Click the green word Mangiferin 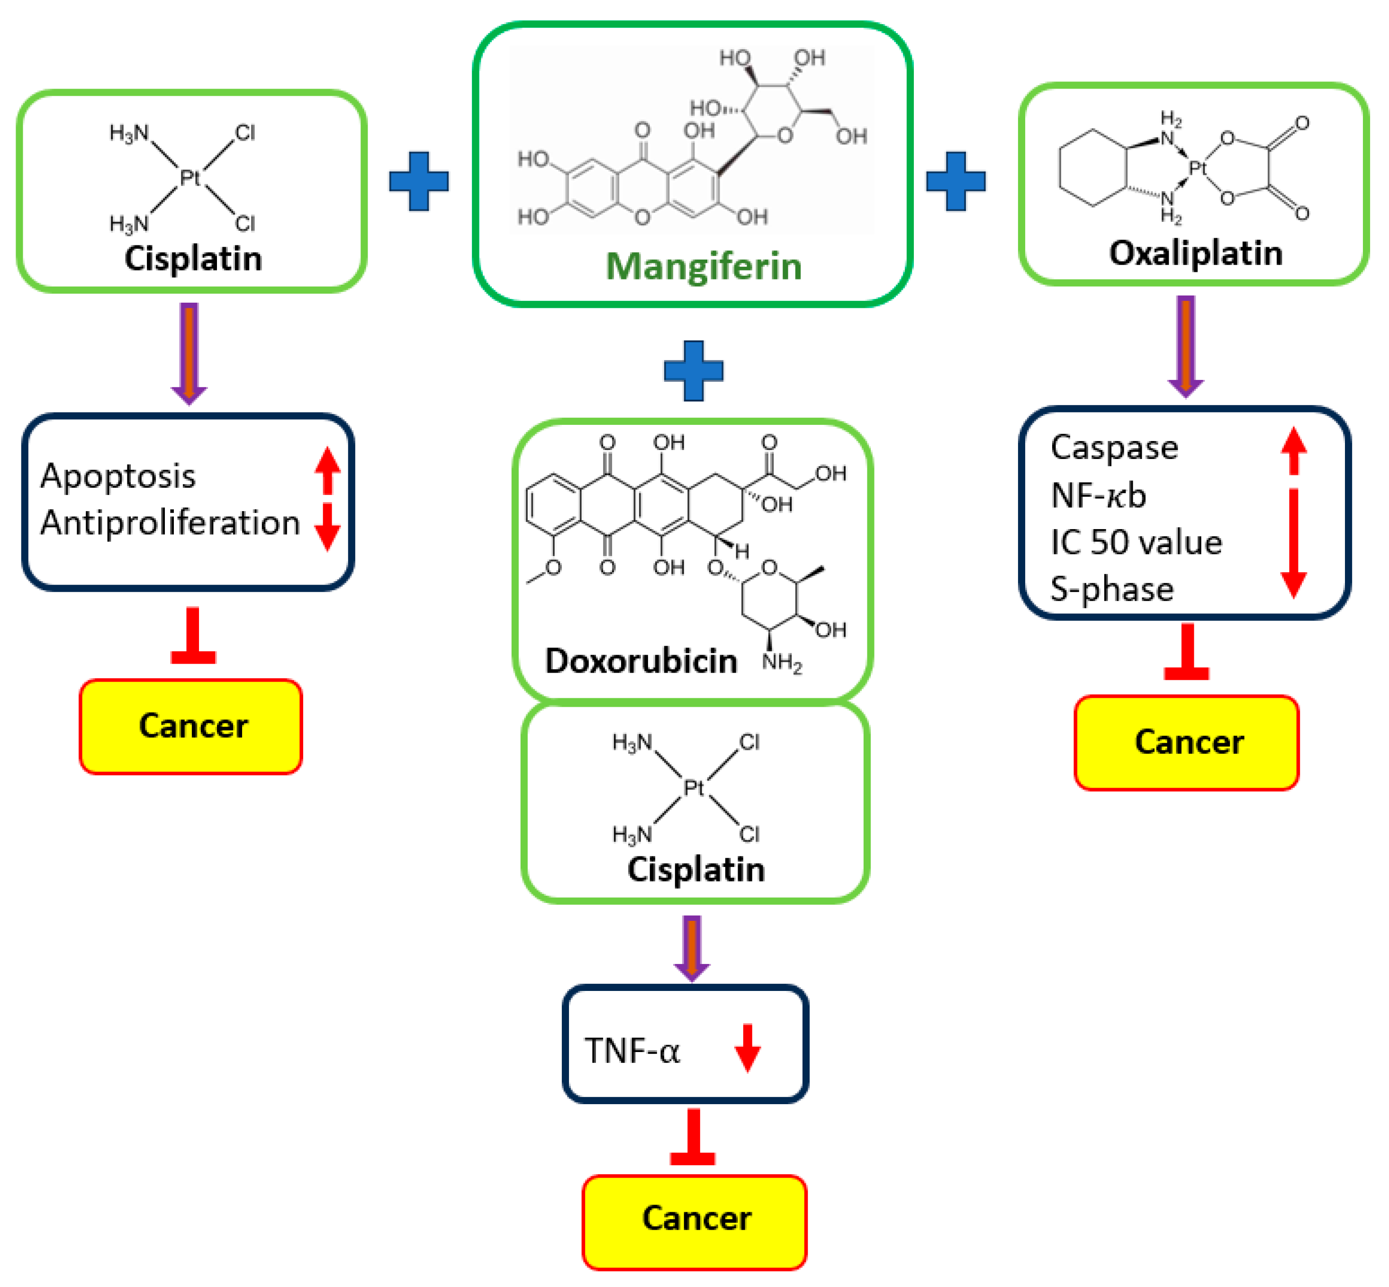coord(703,266)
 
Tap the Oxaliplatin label coord(1195,253)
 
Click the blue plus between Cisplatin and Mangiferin coord(419,181)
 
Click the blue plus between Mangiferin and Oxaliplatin coord(955,181)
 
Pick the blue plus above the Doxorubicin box coord(693,370)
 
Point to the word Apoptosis coord(117,477)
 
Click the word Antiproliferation coord(170,522)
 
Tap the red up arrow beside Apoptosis coord(327,471)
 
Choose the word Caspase coord(1114,447)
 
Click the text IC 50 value coord(1136,542)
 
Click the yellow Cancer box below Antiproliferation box coord(191,726)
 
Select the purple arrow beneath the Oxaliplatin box coord(1186,346)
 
